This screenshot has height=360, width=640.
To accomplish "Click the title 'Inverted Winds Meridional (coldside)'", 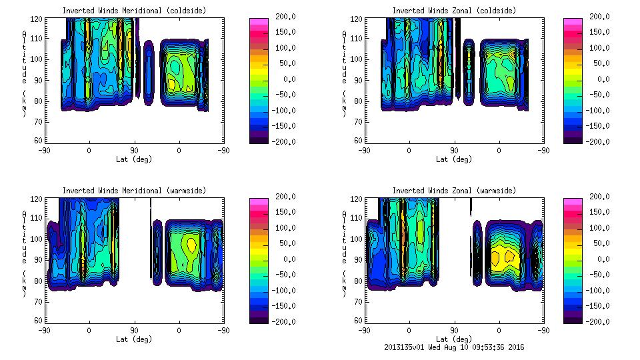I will tap(134, 11).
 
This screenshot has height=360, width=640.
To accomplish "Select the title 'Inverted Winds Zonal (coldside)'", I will tap(454, 11).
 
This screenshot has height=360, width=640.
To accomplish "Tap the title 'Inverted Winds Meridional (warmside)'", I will tap(134, 191).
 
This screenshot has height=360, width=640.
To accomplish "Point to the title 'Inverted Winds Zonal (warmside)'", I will tap(454, 191).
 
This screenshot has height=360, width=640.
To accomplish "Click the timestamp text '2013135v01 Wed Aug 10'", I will tap(427, 347).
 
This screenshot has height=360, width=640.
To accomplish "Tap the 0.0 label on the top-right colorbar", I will tap(596, 79).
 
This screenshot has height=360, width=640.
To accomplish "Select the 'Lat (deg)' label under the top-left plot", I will tap(134, 159).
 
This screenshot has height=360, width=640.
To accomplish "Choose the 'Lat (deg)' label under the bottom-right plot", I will tap(454, 339).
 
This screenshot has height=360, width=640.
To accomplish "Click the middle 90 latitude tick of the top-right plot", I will tap(454, 151).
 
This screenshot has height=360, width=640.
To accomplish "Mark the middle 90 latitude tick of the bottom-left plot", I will tap(134, 330).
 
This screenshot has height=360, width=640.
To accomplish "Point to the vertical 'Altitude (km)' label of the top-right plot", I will tap(345, 73).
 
